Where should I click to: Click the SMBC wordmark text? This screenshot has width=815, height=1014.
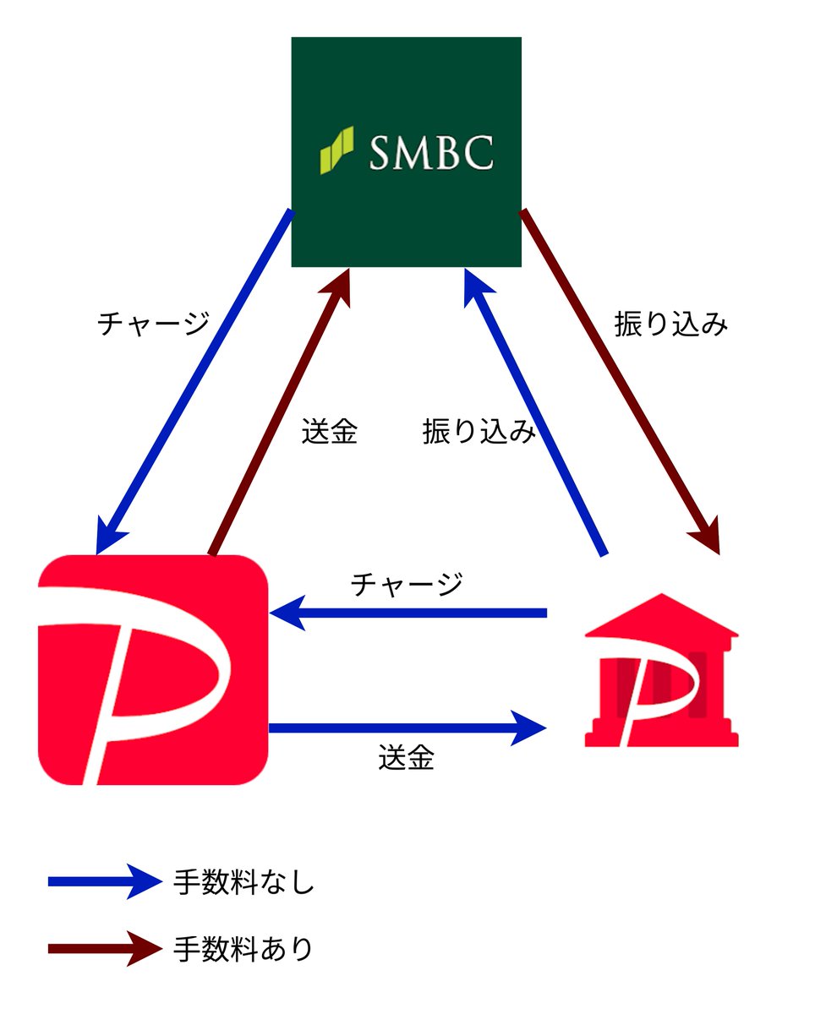point(431,154)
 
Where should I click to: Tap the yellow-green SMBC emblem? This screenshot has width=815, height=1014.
point(336,150)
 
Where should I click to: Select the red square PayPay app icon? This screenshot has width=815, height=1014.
point(153,669)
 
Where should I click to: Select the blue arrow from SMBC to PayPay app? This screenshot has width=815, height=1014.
point(194,380)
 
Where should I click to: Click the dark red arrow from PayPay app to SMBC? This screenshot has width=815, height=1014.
point(279,414)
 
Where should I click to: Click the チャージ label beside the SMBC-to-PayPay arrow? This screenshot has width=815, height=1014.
point(153,324)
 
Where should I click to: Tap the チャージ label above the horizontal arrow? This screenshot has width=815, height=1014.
point(407,584)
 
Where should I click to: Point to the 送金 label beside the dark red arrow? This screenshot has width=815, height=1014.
point(330,432)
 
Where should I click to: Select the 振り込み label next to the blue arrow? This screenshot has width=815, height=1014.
point(479,432)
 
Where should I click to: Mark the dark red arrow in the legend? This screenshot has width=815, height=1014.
point(105,948)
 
